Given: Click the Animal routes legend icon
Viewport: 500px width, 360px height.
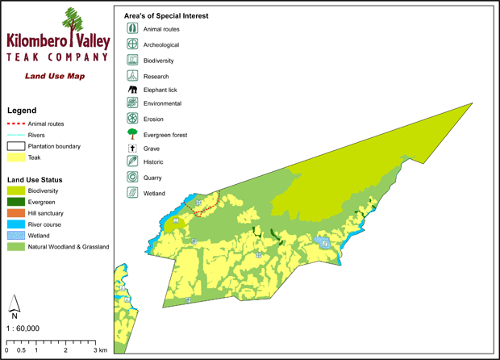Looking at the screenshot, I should (132, 29).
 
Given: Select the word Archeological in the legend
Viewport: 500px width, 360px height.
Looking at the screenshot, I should (160, 45).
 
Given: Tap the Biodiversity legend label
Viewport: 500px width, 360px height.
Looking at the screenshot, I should (158, 61).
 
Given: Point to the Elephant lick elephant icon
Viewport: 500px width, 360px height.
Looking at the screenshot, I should (132, 90).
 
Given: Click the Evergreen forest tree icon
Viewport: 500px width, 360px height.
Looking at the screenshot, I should (132, 134).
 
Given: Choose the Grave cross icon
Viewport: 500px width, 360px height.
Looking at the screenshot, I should (132, 149).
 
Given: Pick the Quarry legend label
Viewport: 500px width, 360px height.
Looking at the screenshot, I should (152, 178).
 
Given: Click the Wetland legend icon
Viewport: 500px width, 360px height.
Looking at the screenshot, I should (132, 193).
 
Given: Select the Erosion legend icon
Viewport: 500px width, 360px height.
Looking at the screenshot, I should (132, 119).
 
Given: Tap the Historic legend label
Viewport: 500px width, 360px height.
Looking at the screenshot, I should (153, 162).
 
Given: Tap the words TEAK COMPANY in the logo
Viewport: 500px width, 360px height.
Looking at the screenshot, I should (56, 58).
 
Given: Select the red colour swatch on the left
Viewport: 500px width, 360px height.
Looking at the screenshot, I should (15, 123).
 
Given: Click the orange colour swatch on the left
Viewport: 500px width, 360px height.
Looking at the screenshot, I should (16, 213).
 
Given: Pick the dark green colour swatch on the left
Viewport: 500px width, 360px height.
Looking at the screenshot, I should (16, 202).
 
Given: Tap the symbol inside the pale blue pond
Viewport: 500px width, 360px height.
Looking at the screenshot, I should (324, 243).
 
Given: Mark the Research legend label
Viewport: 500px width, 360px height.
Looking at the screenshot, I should (156, 77).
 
